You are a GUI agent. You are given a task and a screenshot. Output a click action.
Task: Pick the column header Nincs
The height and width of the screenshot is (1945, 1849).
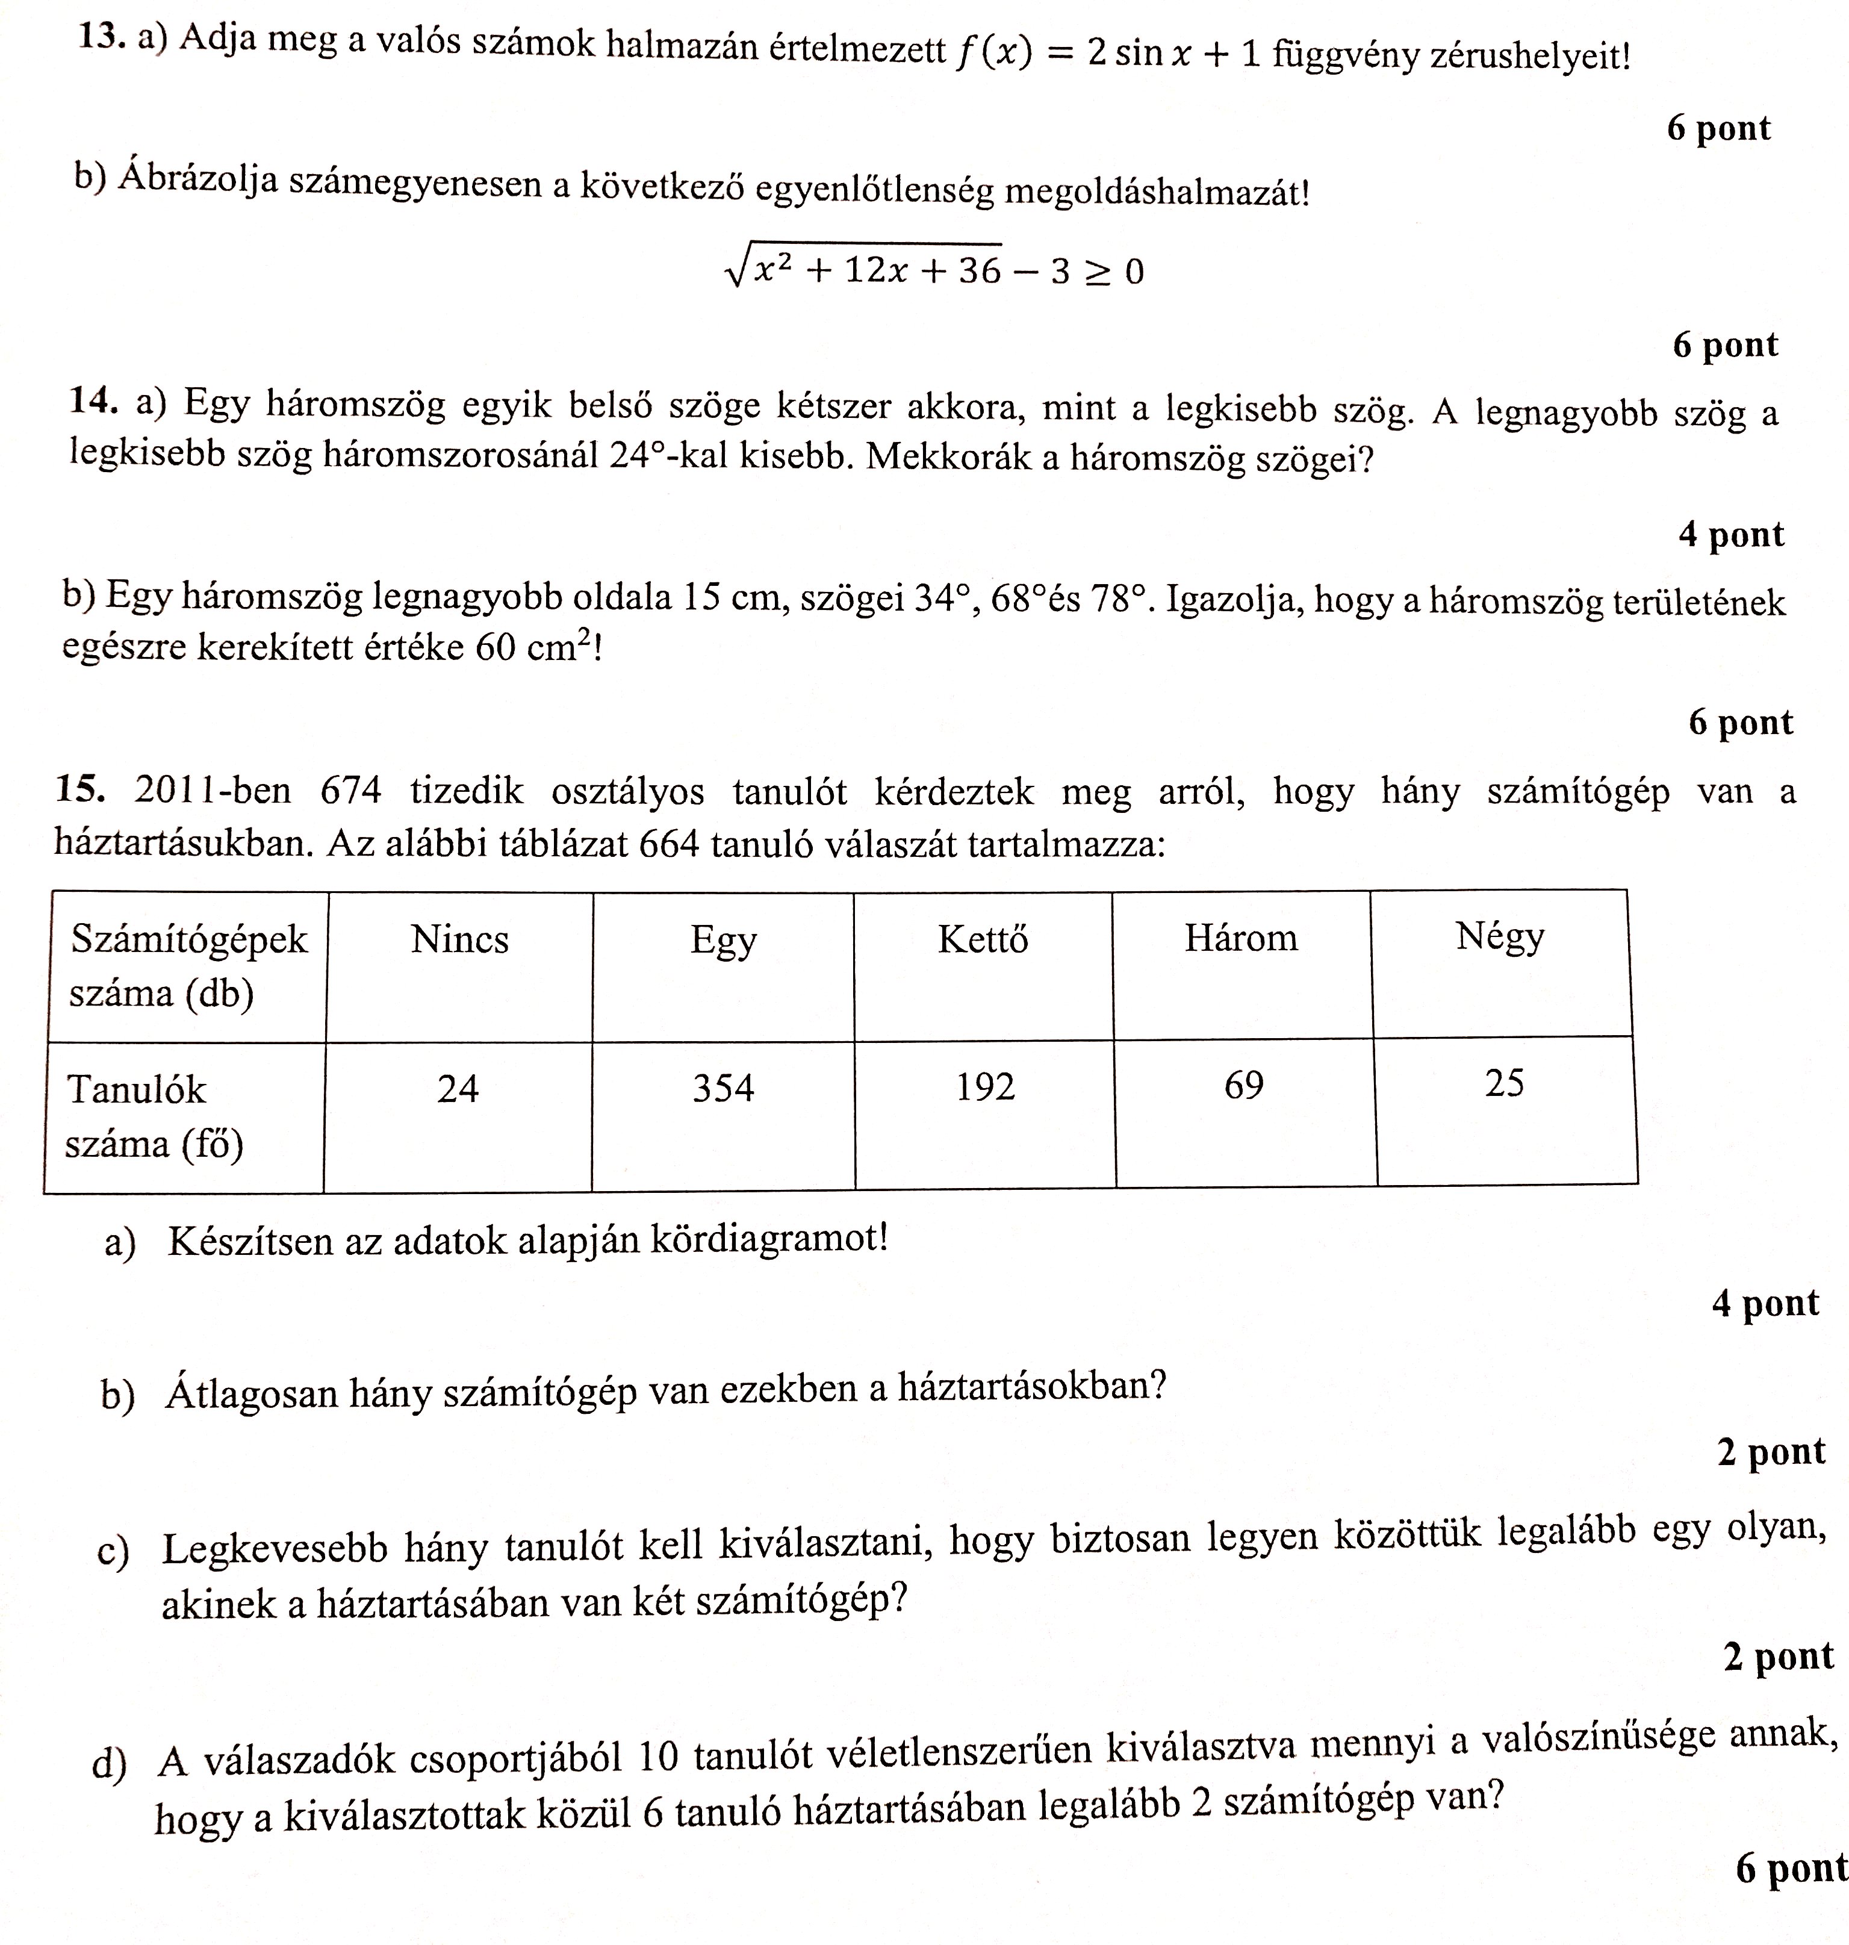(x=459, y=939)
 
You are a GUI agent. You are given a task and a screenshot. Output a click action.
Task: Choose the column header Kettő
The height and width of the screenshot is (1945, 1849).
(x=983, y=939)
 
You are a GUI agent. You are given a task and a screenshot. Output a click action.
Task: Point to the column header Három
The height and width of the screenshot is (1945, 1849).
(x=1241, y=938)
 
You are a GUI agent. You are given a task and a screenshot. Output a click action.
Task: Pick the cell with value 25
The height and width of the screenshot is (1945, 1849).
(x=1504, y=1083)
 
